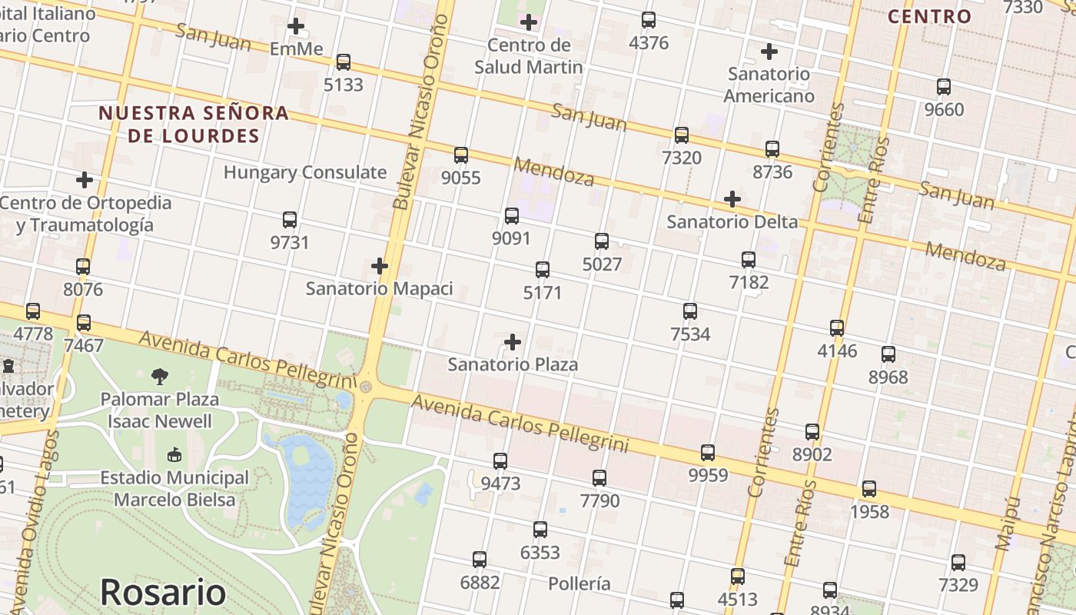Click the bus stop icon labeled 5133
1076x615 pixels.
(x=344, y=62)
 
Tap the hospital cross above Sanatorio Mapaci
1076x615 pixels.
(x=379, y=266)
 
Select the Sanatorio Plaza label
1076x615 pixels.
(x=513, y=364)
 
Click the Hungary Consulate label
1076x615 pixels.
(x=305, y=172)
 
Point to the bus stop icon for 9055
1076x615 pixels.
(x=461, y=155)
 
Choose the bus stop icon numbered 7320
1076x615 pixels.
(x=681, y=135)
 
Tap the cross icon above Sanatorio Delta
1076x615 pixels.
(x=732, y=199)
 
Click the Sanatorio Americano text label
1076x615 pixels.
(x=769, y=85)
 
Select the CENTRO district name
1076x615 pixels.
(x=930, y=16)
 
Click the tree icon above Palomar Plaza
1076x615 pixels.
(x=160, y=376)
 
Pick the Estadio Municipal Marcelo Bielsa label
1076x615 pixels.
(x=174, y=488)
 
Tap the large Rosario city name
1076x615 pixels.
(x=163, y=593)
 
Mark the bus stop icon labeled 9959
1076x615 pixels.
(x=708, y=453)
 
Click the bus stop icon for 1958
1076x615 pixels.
(x=869, y=489)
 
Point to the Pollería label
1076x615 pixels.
(x=580, y=583)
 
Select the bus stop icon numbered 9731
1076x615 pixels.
(x=290, y=220)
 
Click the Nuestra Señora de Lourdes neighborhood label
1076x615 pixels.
(x=194, y=125)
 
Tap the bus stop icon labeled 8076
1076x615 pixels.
(x=83, y=267)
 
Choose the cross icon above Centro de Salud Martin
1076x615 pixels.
(x=529, y=22)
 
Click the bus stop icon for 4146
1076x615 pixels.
(x=837, y=328)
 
